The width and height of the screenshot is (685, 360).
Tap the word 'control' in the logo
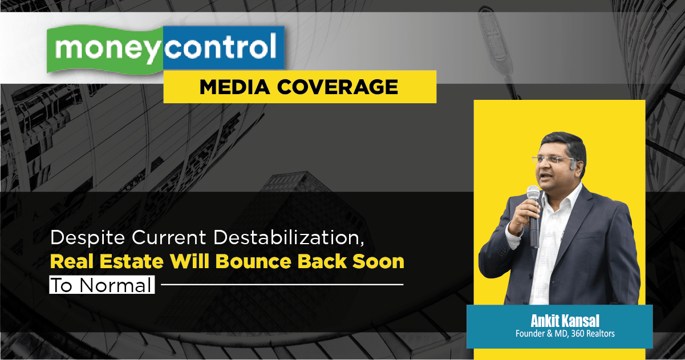221,46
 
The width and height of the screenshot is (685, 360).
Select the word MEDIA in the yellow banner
234,87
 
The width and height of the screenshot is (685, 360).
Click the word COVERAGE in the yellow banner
337,87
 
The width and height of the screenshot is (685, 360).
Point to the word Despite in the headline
88,238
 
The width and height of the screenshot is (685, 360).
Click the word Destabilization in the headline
289,238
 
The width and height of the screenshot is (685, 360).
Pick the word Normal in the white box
116,285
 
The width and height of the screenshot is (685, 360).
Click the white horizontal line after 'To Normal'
282,285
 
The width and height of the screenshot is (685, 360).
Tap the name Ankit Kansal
565,321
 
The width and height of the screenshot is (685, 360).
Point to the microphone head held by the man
533,193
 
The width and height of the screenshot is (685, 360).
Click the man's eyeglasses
553,159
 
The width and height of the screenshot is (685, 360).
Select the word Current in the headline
169,238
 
